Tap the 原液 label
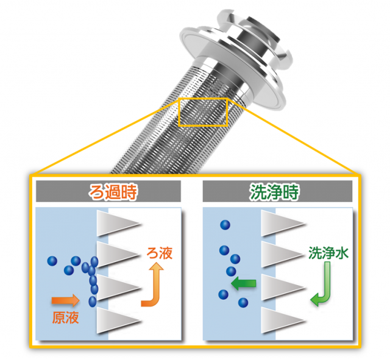[64, 317]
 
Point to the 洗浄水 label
[328, 253]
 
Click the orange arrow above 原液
[65, 300]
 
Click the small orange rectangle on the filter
[202, 111]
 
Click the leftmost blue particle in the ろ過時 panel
[52, 261]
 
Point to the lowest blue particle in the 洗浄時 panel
[243, 302]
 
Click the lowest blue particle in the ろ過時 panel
[92, 301]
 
